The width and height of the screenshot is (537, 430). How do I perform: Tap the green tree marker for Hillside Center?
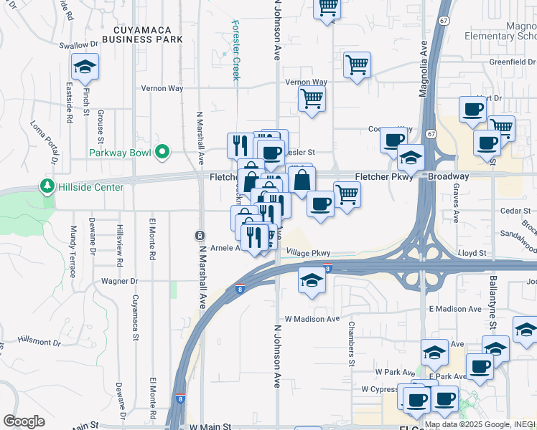[48, 186]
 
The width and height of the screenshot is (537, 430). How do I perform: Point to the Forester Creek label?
[235, 49]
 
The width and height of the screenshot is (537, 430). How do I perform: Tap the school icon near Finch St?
[85, 67]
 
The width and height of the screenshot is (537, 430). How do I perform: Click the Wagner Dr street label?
[118, 282]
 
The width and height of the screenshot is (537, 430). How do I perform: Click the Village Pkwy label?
[308, 253]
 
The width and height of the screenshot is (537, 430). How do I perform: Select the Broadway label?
[448, 176]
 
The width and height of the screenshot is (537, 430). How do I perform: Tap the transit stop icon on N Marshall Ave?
[199, 235]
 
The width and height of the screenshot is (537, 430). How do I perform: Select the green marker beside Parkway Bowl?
[163, 152]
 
